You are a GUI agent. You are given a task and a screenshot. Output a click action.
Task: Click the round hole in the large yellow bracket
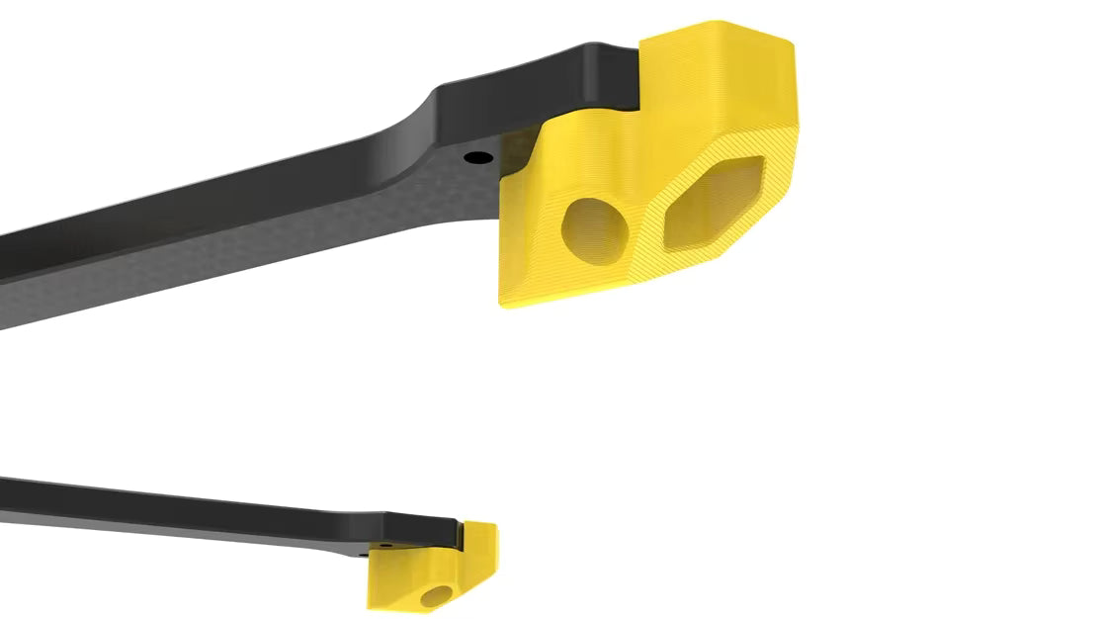click(595, 230)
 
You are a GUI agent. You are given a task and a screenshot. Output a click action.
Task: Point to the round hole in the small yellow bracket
click(434, 595)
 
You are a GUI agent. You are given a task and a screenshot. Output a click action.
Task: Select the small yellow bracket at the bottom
click(431, 574)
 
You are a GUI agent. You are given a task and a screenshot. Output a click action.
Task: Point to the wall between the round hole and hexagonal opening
click(643, 222)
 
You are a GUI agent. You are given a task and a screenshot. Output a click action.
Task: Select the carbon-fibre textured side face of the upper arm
click(247, 247)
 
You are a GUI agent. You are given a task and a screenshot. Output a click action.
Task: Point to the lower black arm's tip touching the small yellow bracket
click(450, 534)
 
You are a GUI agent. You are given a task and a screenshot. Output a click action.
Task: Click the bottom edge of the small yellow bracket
click(405, 606)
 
